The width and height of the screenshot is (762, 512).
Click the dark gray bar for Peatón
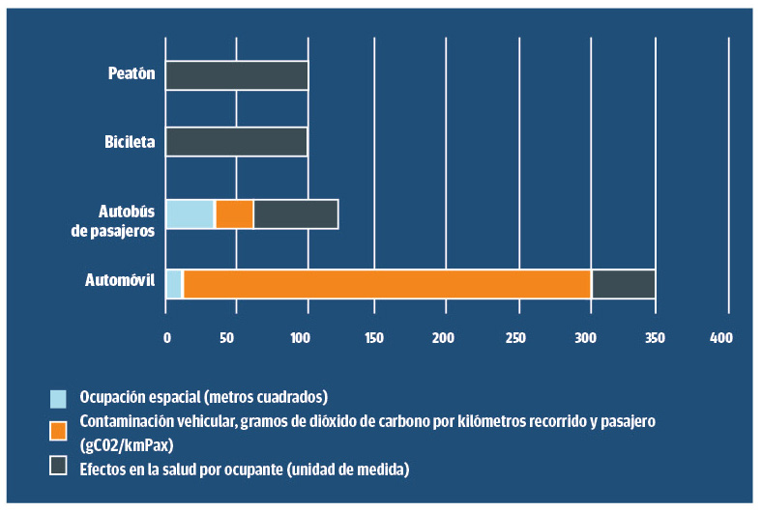[x=237, y=75]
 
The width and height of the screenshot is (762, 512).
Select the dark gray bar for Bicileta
[x=237, y=142]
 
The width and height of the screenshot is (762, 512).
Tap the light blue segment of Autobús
[x=190, y=213]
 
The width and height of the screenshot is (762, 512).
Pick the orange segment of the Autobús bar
[x=234, y=213]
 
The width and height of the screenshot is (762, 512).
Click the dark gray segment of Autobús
[x=296, y=213]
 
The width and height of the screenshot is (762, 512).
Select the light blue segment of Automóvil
[x=174, y=284]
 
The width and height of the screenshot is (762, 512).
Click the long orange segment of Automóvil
[x=387, y=284]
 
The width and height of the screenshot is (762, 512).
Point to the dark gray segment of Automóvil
[x=623, y=284]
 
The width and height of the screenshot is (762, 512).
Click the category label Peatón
[x=132, y=73]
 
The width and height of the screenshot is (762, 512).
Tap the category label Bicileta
[x=130, y=142]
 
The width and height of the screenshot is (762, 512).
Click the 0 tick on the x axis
[x=166, y=338]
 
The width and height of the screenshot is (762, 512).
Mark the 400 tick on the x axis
[x=721, y=338]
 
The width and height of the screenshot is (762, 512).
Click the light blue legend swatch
[x=59, y=397]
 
